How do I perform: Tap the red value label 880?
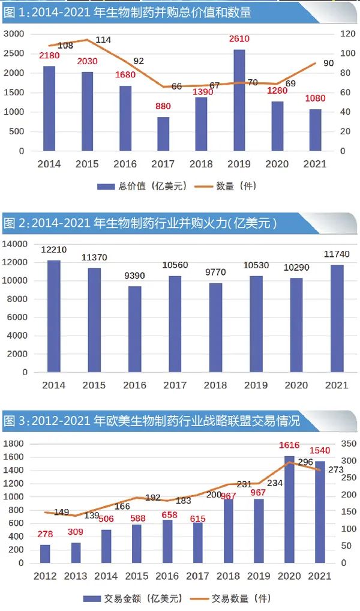pos(163,106)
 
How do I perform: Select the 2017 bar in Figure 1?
pos(163,133)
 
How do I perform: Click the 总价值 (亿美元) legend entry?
pos(143,186)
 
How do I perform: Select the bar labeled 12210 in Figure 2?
pos(54,316)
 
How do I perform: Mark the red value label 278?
pos(44,534)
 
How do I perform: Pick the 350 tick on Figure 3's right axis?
pos(348,444)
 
